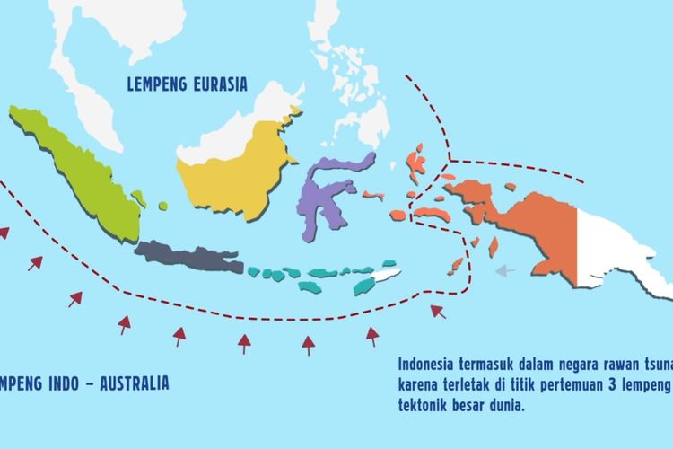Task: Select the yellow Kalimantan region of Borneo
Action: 238,171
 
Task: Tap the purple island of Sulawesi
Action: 319,193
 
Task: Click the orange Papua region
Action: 529,224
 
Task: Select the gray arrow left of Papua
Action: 506,269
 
